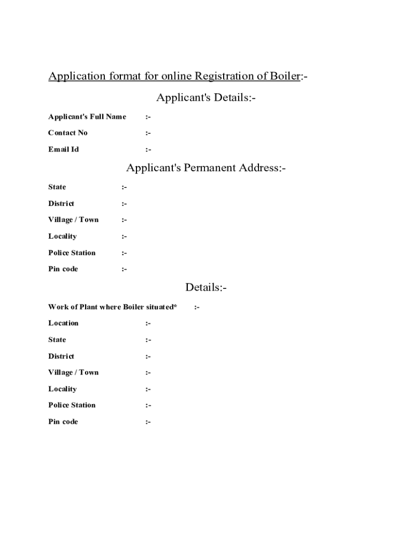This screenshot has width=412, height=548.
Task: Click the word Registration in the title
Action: [221, 76]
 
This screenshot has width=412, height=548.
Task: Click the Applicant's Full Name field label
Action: [87, 117]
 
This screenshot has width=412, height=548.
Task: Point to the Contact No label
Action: [68, 133]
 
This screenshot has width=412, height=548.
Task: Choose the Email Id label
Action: [64, 149]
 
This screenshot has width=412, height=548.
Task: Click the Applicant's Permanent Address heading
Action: [206, 168]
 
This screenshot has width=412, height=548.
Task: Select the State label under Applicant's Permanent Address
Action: [57, 187]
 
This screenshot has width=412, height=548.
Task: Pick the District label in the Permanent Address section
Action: [62, 203]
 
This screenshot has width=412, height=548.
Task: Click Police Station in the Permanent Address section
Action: [72, 253]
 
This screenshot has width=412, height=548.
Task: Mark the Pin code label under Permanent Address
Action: [63, 269]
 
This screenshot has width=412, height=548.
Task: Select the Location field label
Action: [64, 323]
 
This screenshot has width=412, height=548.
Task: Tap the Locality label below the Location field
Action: [63, 389]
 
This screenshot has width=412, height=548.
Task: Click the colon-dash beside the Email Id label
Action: [148, 150]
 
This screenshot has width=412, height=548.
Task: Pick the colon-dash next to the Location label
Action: [148, 324]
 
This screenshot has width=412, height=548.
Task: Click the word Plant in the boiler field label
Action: [89, 307]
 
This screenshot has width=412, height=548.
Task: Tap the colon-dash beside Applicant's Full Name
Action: [148, 117]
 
